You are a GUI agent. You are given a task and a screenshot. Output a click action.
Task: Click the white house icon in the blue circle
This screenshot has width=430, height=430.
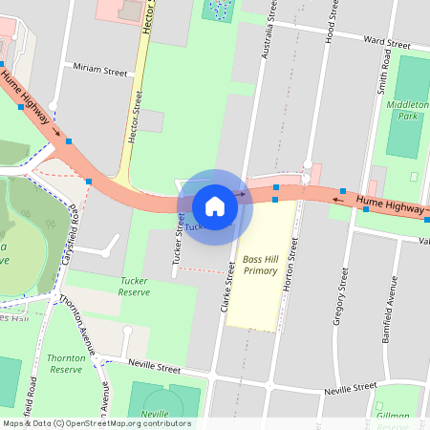click(x=215, y=205)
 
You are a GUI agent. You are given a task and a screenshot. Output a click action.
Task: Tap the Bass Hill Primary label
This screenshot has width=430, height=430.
click(x=260, y=265)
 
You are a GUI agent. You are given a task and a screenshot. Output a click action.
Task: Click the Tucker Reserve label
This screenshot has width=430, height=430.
click(x=135, y=287)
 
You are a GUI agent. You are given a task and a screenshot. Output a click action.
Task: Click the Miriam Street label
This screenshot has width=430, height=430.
click(x=100, y=71)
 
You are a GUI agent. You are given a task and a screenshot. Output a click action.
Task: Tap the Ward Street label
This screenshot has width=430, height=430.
click(x=386, y=43)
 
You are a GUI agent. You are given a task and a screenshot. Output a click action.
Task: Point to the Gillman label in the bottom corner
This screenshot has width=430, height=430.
click(x=392, y=416)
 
